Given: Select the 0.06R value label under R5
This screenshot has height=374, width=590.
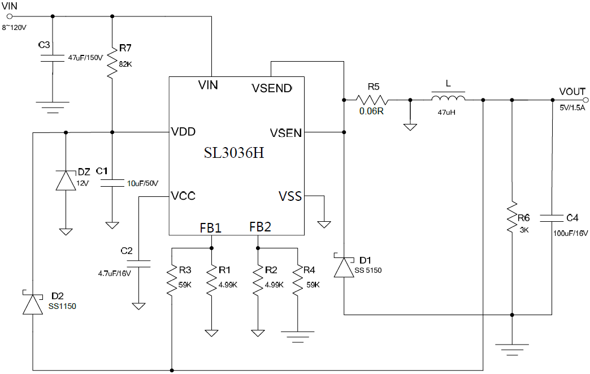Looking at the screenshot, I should coord(371,111).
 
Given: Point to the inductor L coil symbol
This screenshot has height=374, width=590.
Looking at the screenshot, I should coord(448,100).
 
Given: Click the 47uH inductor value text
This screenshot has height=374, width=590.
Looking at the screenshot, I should coord(446,113).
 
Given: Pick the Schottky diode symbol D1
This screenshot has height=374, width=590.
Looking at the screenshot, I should coord(344,266).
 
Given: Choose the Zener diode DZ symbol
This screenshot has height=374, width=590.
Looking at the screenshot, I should coord(66,180).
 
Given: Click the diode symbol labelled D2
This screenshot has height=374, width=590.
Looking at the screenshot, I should coord(33,304).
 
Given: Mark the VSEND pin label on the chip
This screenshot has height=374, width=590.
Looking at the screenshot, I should coord(272,88).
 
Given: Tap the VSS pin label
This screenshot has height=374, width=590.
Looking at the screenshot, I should coord(290,196).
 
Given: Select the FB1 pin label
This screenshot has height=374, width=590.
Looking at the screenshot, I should coord(211,227).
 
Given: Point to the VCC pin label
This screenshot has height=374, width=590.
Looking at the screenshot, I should coord(183,196).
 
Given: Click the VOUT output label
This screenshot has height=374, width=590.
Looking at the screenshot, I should coord(572,91).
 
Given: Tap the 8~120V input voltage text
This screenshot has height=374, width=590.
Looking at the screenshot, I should coord(15,27).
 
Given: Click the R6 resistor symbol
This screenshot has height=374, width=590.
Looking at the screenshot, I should coord(512,218).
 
